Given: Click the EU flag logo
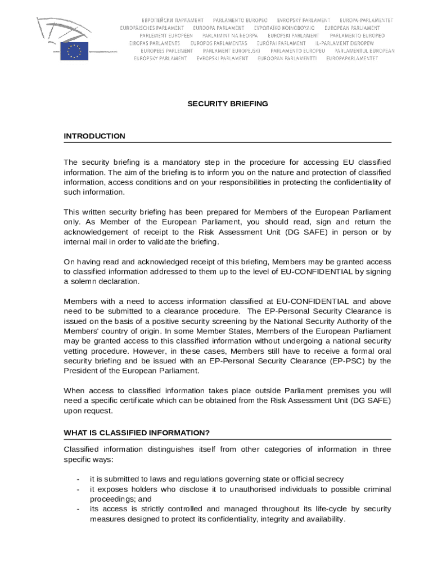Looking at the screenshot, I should [x=74, y=51].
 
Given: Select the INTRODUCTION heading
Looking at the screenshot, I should [x=94, y=136].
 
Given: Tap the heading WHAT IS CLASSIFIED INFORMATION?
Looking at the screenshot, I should [x=137, y=433].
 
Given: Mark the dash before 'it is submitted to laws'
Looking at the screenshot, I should [x=78, y=479].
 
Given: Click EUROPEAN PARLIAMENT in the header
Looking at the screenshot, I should [x=352, y=28].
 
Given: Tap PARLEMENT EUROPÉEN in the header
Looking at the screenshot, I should [x=166, y=35].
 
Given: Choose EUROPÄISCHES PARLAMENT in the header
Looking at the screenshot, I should [x=152, y=28].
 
